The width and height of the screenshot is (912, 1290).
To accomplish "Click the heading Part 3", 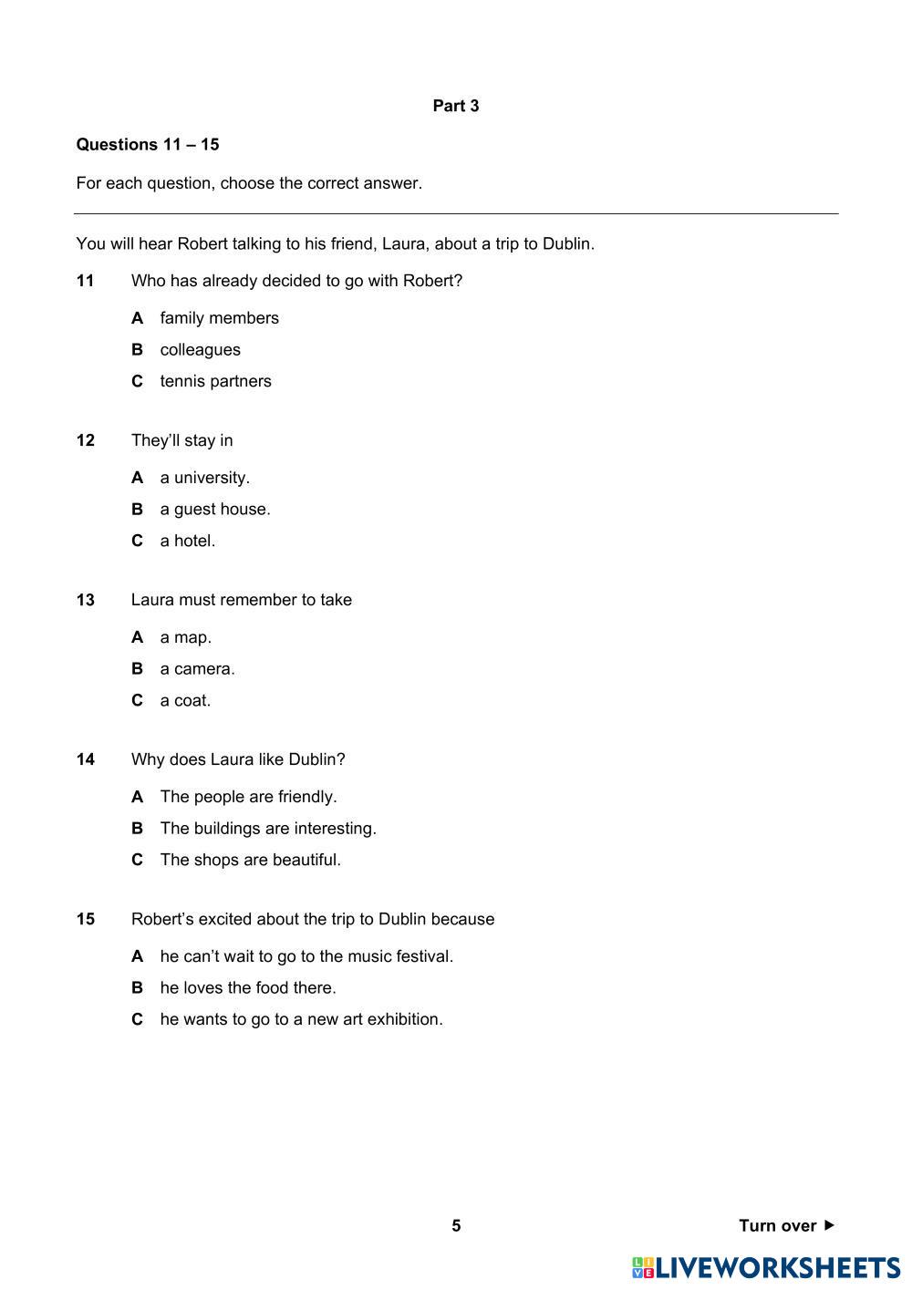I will coord(455,106).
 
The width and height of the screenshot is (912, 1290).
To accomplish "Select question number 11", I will coord(86,281).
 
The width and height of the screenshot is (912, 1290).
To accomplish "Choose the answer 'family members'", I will coord(219,318).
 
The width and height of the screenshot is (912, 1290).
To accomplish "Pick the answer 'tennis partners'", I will coord(215,381).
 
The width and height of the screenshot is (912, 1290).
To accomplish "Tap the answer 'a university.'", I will coord(204,478).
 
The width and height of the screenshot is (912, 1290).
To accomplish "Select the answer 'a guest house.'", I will coord(215,509).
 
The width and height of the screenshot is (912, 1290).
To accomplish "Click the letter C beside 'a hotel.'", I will coord(138,541).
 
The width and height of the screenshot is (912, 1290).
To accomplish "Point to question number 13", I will coord(86,600).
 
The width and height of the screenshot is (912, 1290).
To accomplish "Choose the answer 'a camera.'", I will coord(197,668).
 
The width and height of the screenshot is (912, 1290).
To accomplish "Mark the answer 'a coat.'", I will coord(185,700).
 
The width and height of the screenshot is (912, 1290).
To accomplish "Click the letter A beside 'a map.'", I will coord(138,637).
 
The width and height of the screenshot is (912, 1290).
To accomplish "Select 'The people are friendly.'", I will coord(248,797).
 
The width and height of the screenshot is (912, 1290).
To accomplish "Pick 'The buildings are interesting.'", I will coord(268,828).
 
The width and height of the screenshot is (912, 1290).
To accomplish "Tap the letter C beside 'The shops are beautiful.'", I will coord(138,860).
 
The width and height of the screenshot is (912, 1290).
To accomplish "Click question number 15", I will coord(86,919).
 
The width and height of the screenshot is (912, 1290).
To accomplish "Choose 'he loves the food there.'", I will coord(248,987).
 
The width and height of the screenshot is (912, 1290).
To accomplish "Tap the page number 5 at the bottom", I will coord(456,1225).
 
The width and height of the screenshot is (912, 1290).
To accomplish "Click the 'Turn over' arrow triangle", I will coord(829,1225).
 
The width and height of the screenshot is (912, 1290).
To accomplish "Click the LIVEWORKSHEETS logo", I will coord(766,1267).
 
